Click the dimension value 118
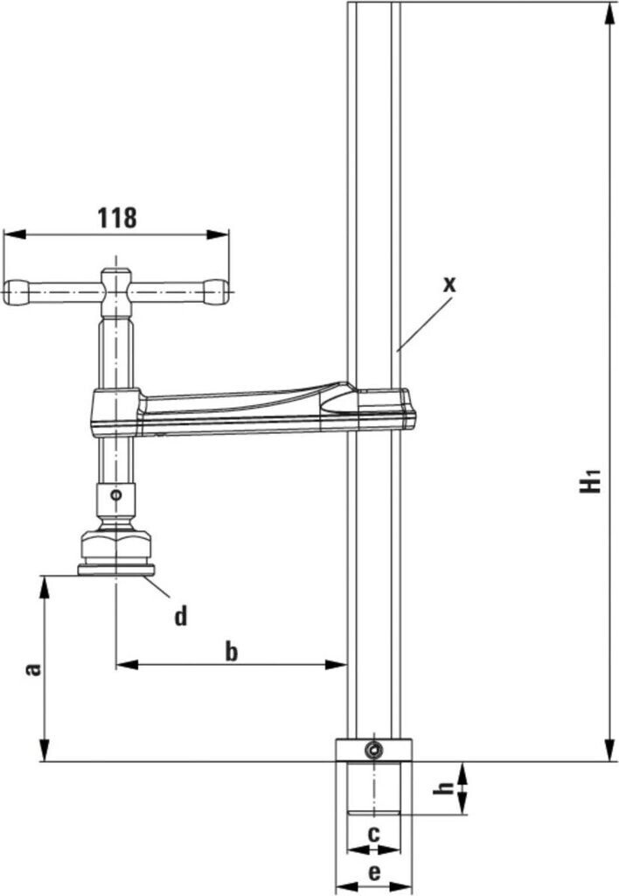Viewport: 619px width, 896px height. [118, 217]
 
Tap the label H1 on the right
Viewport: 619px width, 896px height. [592, 482]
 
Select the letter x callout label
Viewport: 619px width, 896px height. [449, 283]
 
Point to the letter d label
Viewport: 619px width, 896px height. [180, 617]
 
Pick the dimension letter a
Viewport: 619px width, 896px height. [34, 669]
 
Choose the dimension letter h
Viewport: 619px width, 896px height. [445, 788]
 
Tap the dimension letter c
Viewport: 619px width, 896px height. [372, 834]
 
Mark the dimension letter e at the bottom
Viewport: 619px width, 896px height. [373, 871]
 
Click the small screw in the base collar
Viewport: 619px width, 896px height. [374, 750]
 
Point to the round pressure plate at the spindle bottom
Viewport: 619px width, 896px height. [115, 570]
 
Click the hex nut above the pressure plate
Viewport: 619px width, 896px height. [115, 547]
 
